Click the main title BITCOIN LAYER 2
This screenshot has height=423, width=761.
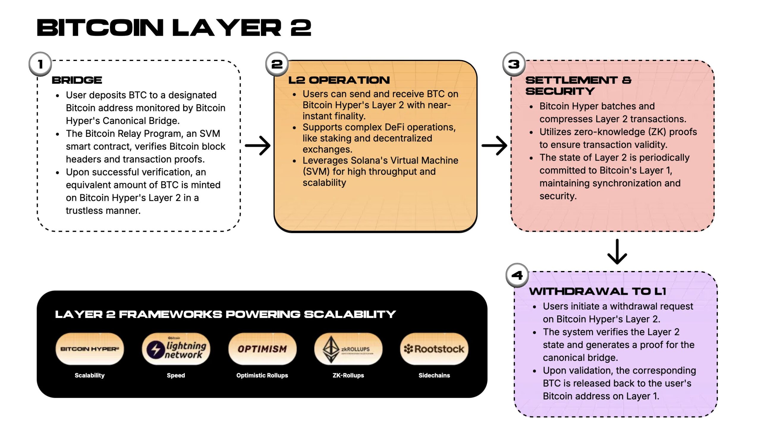pyautogui.click(x=174, y=27)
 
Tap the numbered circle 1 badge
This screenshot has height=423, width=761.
pyautogui.click(x=40, y=64)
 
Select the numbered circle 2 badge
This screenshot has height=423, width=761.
pyautogui.click(x=277, y=64)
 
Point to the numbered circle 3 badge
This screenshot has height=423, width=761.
pyautogui.click(x=514, y=64)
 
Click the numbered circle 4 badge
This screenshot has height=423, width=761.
pyautogui.click(x=517, y=275)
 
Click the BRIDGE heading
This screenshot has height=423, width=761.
pyautogui.click(x=77, y=80)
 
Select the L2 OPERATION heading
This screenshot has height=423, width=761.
pyautogui.click(x=339, y=80)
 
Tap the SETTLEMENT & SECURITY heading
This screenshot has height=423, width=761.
pyautogui.click(x=578, y=85)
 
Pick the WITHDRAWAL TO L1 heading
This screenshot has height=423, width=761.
pyautogui.click(x=598, y=291)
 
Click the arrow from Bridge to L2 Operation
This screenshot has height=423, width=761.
pyautogui.click(x=257, y=145)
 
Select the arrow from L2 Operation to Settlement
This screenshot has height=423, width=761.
pyautogui.click(x=494, y=145)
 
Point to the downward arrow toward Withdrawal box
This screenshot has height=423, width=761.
pyautogui.click(x=617, y=252)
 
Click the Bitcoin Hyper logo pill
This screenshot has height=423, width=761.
pyautogui.click(x=89, y=349)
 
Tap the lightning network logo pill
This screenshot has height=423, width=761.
pyautogui.click(x=176, y=349)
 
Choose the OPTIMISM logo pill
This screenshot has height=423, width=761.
pyautogui.click(x=262, y=349)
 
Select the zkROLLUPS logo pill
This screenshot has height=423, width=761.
pyautogui.click(x=348, y=349)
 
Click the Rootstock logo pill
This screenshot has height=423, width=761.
pyautogui.click(x=434, y=349)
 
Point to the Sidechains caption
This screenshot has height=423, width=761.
pyautogui.click(x=434, y=375)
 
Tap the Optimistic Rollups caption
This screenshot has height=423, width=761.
pyautogui.click(x=262, y=375)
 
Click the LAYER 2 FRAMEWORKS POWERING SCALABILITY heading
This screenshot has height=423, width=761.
pyautogui.click(x=225, y=314)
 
